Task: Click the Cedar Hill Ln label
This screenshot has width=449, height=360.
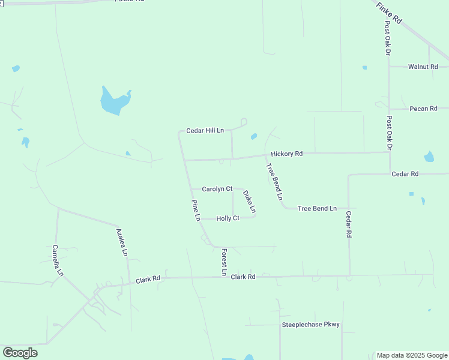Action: point(205,130)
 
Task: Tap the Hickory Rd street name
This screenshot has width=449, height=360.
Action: point(286,154)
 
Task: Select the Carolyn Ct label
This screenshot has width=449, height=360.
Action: point(217,189)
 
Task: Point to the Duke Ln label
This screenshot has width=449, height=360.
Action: point(250,202)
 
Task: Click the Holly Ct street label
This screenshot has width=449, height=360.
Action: point(228,218)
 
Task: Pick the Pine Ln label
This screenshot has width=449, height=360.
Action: point(196,211)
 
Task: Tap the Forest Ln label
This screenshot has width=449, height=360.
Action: point(224,262)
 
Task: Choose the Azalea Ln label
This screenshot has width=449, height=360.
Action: point(122,242)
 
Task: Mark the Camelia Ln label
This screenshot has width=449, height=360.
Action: point(58,260)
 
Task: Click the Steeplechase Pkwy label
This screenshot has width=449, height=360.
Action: point(311,325)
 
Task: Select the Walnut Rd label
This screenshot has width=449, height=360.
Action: point(423,67)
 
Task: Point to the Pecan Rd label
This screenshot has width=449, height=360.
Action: point(423,109)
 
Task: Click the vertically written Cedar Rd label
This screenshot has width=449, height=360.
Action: point(348,224)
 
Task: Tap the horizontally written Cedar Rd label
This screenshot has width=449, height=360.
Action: point(405,174)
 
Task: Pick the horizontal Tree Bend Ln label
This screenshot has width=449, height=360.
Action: point(317,208)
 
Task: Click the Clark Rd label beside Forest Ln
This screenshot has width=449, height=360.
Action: point(243,277)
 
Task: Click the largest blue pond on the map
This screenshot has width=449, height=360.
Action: point(114,101)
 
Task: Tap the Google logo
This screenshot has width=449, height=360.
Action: point(20,353)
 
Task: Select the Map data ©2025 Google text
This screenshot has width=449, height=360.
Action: point(412,355)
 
